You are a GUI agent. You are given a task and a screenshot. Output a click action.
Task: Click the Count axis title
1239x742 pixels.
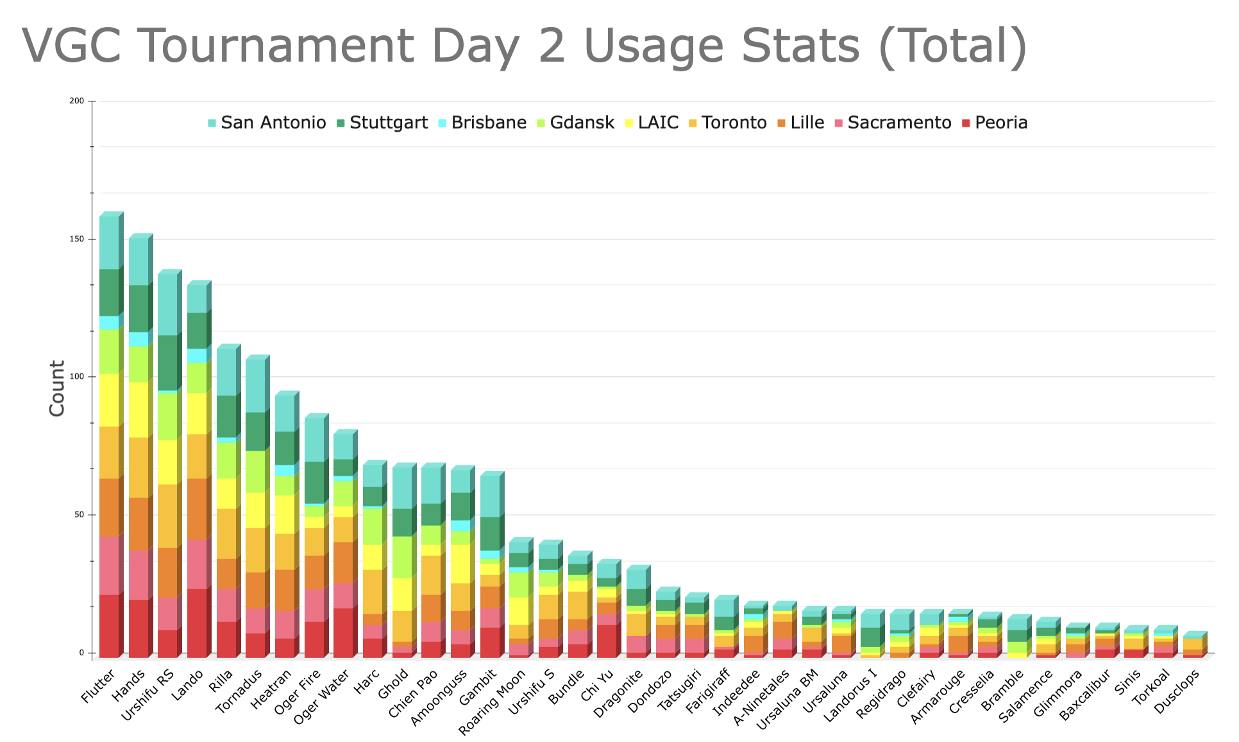[57, 388]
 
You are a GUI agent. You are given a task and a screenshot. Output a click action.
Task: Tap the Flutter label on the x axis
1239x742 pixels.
[99, 686]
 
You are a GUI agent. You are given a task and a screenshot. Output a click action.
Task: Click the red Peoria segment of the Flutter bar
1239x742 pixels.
[109, 626]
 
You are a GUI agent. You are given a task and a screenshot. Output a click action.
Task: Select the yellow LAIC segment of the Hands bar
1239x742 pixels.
[139, 410]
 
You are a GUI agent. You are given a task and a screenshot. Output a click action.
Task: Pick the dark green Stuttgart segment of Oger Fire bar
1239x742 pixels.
[314, 482]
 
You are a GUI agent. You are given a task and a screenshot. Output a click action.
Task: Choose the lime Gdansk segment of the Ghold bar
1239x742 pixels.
[402, 556]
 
